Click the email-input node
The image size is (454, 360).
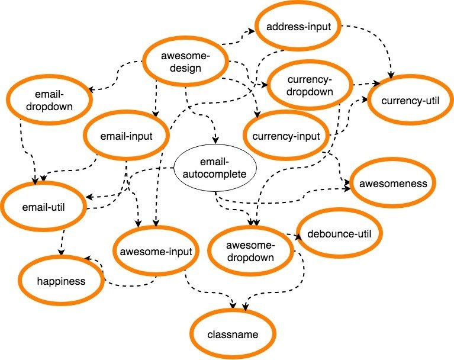(x=127, y=136)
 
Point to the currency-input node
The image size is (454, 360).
(x=285, y=136)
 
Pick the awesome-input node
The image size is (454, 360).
(x=156, y=251)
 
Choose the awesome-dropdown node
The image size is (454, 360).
(x=250, y=251)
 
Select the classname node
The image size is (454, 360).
(x=234, y=335)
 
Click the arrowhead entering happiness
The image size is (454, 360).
(x=86, y=259)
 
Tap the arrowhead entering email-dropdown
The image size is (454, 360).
(x=90, y=89)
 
